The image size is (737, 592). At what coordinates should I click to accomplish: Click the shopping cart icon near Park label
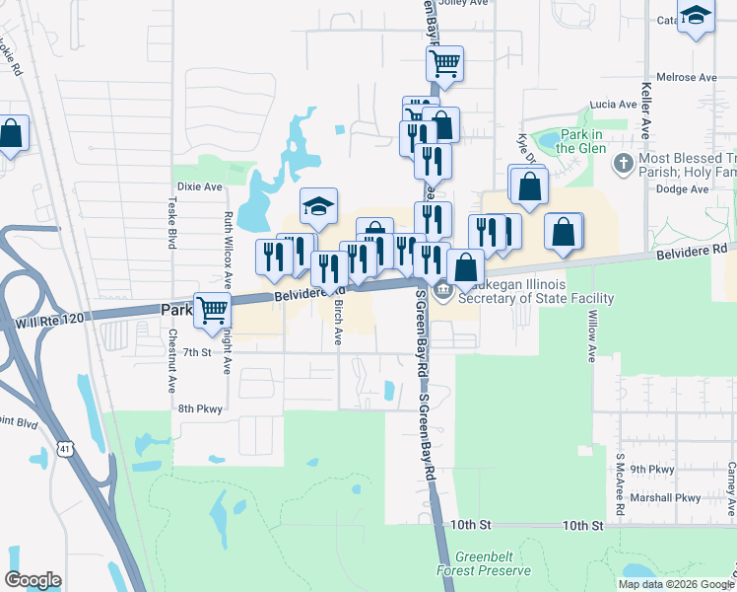click(212, 309)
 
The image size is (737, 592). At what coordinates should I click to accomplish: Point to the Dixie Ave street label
click(200, 186)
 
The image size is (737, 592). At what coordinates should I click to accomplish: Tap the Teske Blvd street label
click(171, 218)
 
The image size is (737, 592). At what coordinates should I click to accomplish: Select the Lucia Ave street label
click(614, 104)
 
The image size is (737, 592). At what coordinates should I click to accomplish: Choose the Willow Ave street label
click(592, 336)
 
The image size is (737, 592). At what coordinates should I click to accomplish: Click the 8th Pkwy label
click(200, 407)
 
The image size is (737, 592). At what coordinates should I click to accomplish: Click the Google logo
click(33, 580)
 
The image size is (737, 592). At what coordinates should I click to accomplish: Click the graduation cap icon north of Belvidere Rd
click(318, 204)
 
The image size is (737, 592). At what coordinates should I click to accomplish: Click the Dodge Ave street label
click(682, 188)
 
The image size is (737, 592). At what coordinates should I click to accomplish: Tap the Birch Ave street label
click(338, 324)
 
